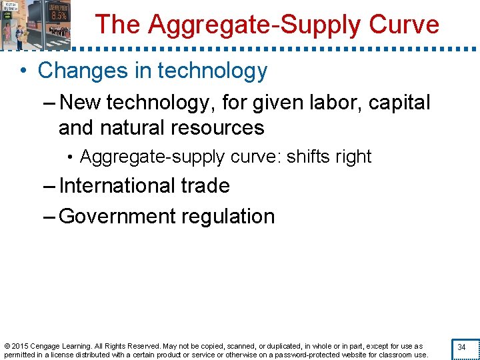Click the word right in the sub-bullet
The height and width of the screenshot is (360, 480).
pos(355,157)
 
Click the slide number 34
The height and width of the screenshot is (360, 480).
pos(461,347)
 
